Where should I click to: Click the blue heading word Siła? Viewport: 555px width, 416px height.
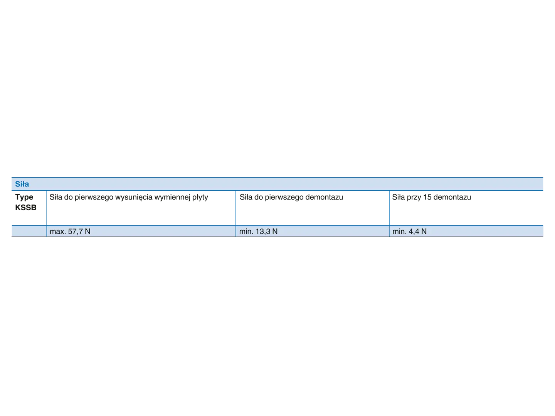(22, 184)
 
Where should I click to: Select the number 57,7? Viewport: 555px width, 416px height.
(76, 231)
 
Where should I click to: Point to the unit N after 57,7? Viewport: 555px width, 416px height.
(87, 231)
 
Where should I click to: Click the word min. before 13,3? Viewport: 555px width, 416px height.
(246, 231)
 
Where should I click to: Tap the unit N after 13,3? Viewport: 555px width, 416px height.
(275, 231)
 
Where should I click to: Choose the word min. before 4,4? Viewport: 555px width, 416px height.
(399, 231)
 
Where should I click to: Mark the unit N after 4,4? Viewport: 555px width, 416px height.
(424, 231)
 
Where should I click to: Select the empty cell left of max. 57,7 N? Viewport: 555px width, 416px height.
(29, 231)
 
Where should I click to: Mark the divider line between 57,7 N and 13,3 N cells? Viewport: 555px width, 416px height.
(235, 231)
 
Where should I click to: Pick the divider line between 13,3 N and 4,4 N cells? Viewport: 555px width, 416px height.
(389, 231)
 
